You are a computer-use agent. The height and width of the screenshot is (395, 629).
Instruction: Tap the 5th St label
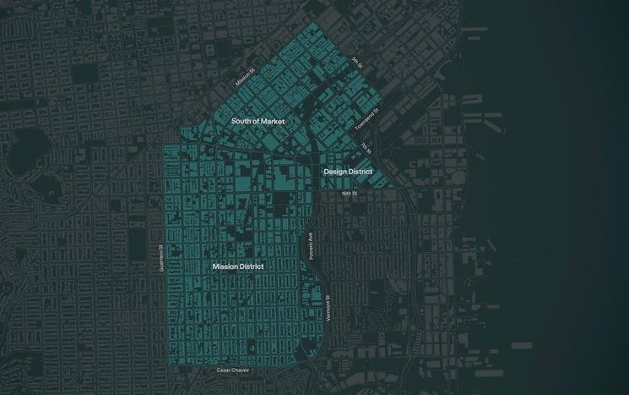(357, 62)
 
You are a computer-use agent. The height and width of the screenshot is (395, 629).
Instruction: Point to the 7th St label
(365, 147)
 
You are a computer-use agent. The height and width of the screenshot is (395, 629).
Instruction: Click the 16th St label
(350, 193)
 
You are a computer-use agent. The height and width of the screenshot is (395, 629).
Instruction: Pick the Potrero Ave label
(311, 244)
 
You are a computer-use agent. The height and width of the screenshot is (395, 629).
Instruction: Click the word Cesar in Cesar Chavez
(225, 370)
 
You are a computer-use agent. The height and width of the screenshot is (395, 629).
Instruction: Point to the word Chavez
(241, 370)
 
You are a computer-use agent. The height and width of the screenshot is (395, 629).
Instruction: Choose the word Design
(336, 172)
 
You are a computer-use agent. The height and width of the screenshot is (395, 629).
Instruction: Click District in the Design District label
(361, 172)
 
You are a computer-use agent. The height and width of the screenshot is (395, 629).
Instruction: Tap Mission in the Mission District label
(225, 266)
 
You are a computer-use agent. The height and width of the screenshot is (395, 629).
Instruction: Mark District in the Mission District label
(251, 266)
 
